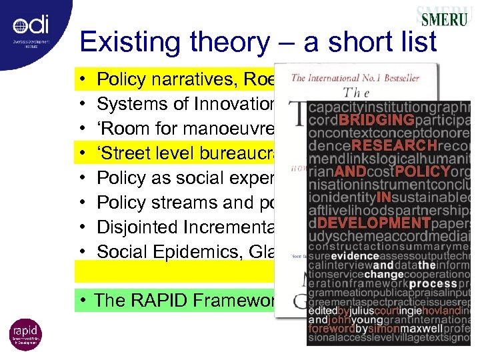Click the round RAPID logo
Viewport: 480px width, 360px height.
point(25,334)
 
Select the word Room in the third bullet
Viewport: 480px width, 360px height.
point(127,129)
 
